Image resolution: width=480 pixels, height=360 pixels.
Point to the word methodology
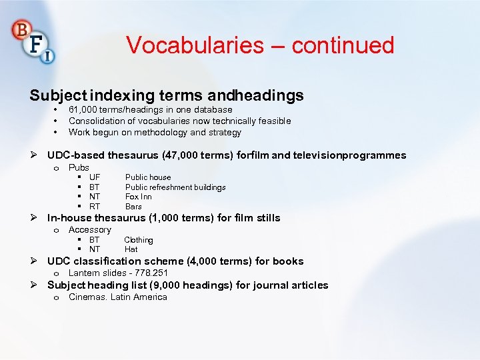click(153, 132)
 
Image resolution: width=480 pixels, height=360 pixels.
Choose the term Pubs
click(79, 167)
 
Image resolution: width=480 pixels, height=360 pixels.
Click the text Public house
click(148, 177)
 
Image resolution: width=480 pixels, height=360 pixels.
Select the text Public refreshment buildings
click(175, 187)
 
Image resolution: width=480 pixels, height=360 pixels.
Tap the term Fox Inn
click(139, 197)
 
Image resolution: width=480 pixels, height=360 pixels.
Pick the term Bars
click(133, 207)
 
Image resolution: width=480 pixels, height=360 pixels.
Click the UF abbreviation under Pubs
click(95, 177)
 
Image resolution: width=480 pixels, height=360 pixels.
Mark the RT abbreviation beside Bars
click(95, 207)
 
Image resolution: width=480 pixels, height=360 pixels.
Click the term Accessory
click(90, 229)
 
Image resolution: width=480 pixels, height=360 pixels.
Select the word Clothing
click(139, 240)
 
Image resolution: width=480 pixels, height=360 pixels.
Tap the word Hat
click(131, 249)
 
